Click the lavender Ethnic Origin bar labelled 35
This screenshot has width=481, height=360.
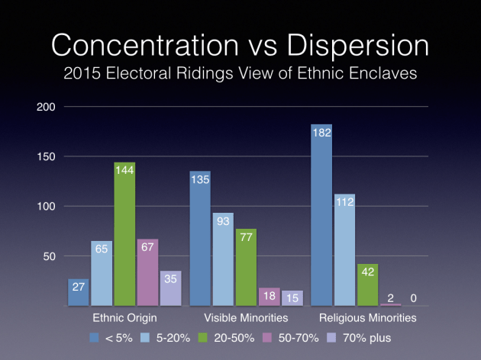tap(169, 288)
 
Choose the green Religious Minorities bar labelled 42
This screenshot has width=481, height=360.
tap(367, 284)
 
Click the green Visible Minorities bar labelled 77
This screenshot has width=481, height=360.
tap(246, 267)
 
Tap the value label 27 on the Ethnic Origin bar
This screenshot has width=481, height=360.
tap(79, 288)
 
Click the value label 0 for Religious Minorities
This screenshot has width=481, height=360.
tap(414, 299)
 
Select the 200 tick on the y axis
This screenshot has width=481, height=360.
tap(48, 107)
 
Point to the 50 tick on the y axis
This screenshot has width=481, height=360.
tap(51, 256)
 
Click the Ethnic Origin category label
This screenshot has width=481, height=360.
tap(124, 317)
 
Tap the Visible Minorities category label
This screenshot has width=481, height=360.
tap(246, 317)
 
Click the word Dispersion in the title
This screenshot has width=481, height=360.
tap(347, 46)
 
